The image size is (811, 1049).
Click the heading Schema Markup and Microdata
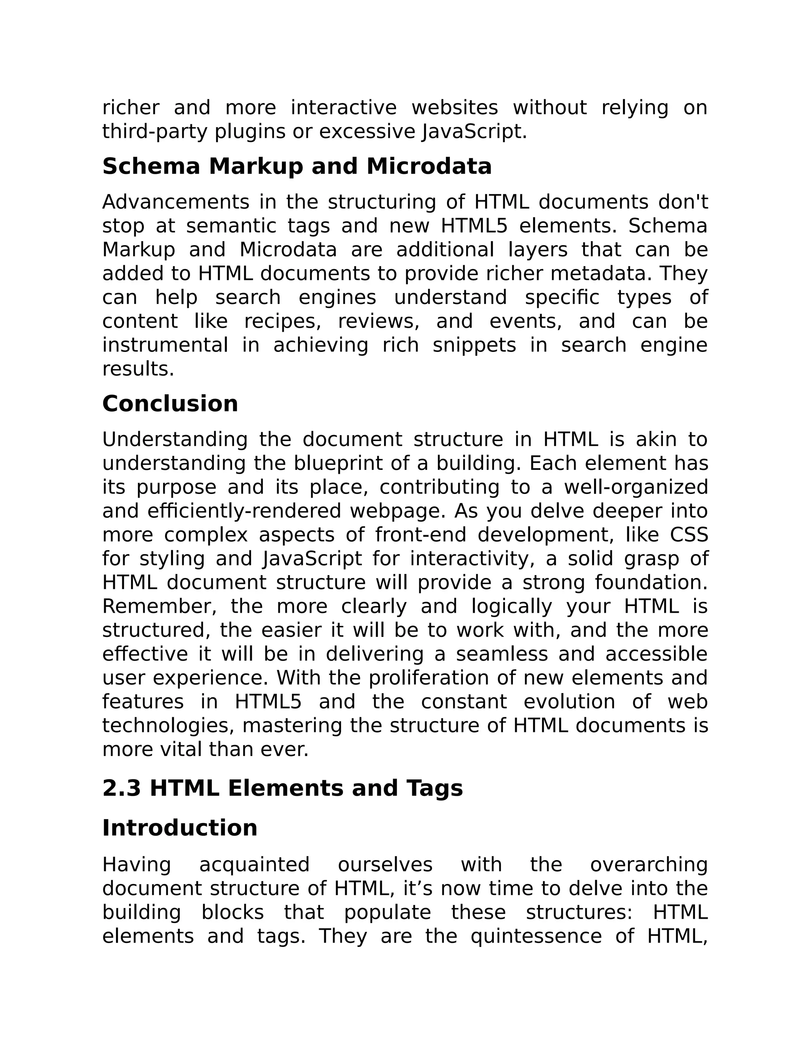point(297,167)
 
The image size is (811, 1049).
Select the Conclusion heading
point(170,403)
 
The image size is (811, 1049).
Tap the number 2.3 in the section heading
point(121,788)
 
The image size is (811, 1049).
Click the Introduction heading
point(180,828)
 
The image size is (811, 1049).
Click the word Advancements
point(176,202)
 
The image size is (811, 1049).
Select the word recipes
point(282,321)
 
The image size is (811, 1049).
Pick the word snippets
point(474,345)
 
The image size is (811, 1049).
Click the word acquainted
point(254,865)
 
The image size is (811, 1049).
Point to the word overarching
point(649,865)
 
